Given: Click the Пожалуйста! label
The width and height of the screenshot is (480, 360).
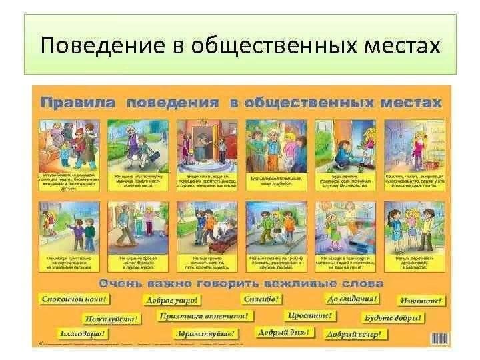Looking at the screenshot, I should pyautogui.click(x=113, y=319).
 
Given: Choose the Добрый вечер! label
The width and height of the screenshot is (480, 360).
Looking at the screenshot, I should pyautogui.click(x=354, y=333).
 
